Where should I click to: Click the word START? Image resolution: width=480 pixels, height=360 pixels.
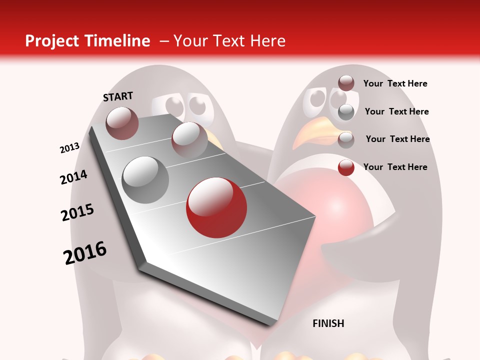point(118,96)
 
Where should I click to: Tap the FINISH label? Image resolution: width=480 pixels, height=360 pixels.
point(328,323)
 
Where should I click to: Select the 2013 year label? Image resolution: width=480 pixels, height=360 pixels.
point(70,148)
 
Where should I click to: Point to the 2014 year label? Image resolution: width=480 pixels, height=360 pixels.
point(73,177)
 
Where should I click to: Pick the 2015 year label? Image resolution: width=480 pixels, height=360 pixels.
point(77,212)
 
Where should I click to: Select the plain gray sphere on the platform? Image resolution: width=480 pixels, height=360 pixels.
point(145,180)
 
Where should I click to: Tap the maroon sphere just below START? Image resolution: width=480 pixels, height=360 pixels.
point(122,123)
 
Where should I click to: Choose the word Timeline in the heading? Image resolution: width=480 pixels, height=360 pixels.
point(117,41)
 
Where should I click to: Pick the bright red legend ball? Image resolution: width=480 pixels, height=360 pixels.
point(346,167)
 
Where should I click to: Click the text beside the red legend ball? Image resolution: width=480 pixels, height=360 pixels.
point(395,167)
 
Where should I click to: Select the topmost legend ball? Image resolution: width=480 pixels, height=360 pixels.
point(346,83)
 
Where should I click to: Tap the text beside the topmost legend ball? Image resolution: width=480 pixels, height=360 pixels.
point(395,83)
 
